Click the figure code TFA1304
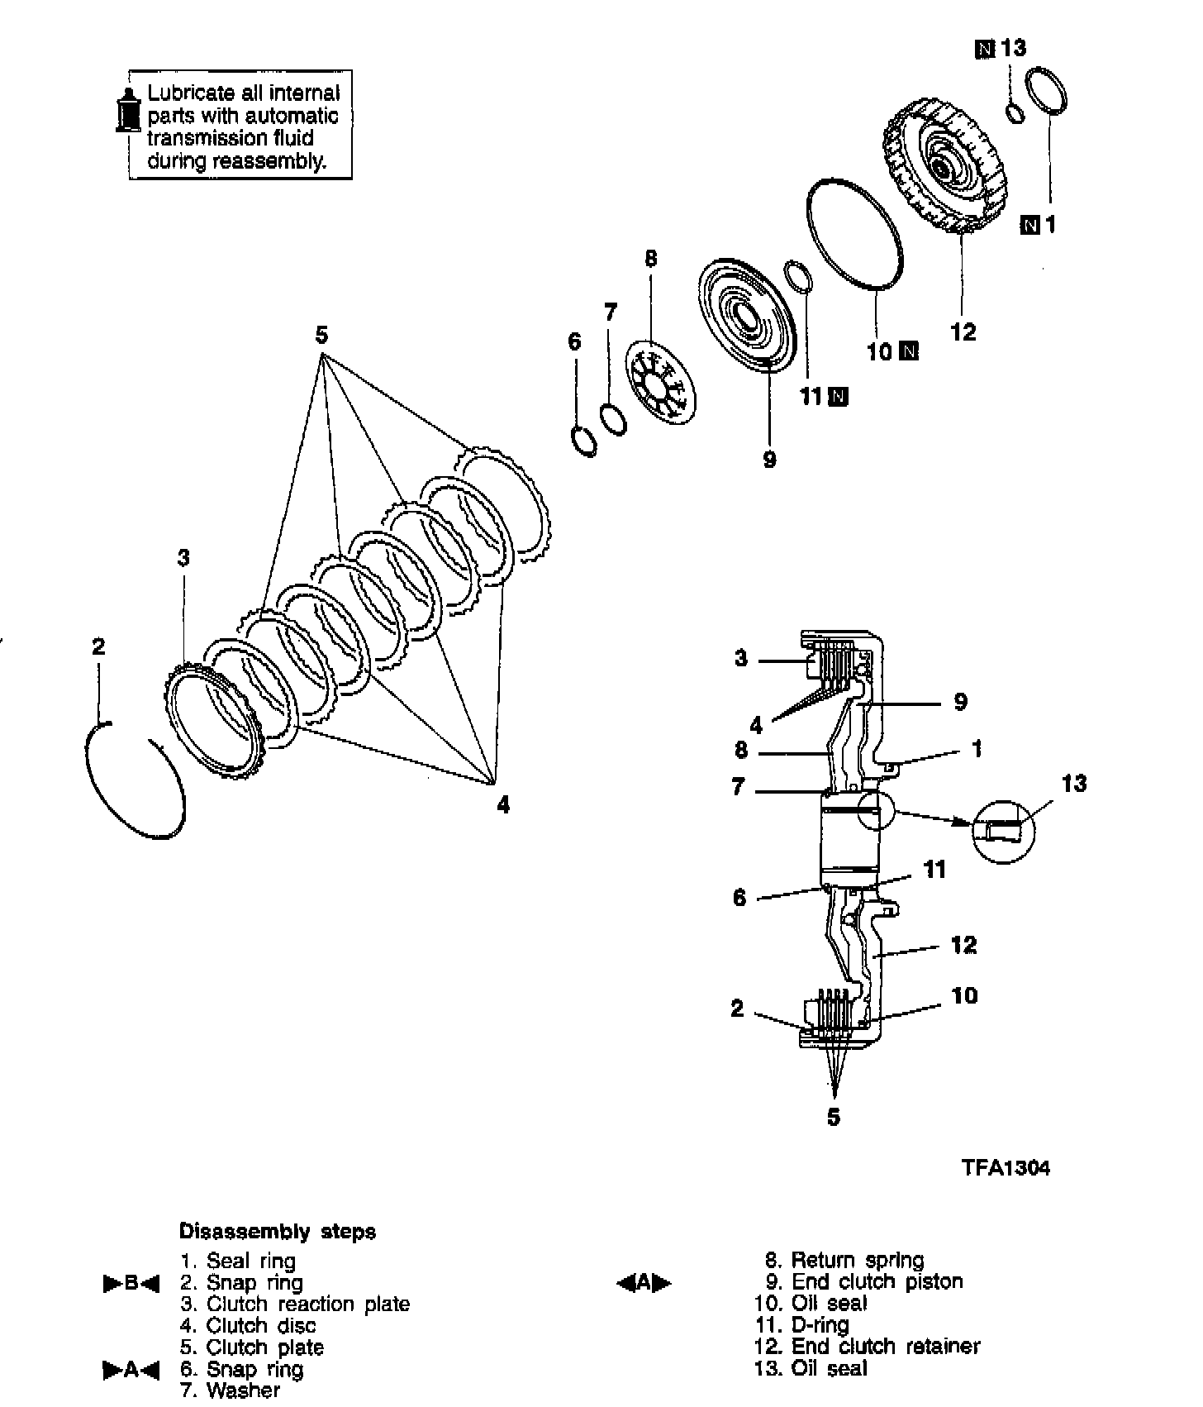(x=1005, y=1167)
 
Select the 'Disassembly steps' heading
(x=278, y=1232)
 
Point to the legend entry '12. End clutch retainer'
(x=867, y=1347)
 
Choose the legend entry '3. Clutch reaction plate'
(x=295, y=1304)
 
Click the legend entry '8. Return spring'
(x=845, y=1260)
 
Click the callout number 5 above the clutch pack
(x=321, y=336)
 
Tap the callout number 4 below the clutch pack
(x=503, y=804)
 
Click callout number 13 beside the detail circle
(x=1073, y=783)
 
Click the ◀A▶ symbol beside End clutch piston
(x=644, y=1283)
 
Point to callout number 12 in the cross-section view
(x=963, y=945)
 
